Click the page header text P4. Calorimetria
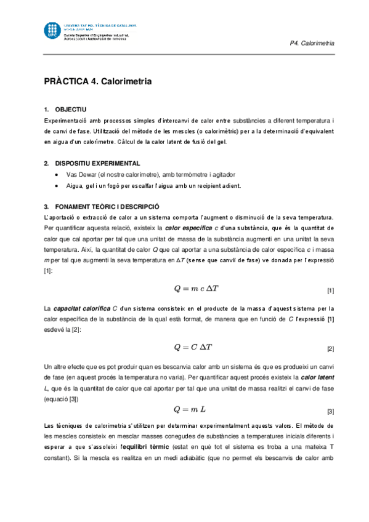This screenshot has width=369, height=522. [x=312, y=44]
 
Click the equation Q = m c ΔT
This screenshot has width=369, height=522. [x=192, y=289]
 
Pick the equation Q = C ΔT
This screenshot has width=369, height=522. [x=192, y=348]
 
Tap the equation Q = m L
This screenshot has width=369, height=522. [x=192, y=409]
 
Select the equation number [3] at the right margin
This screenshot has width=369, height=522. [x=330, y=411]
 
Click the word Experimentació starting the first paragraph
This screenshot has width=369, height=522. [x=65, y=119]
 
